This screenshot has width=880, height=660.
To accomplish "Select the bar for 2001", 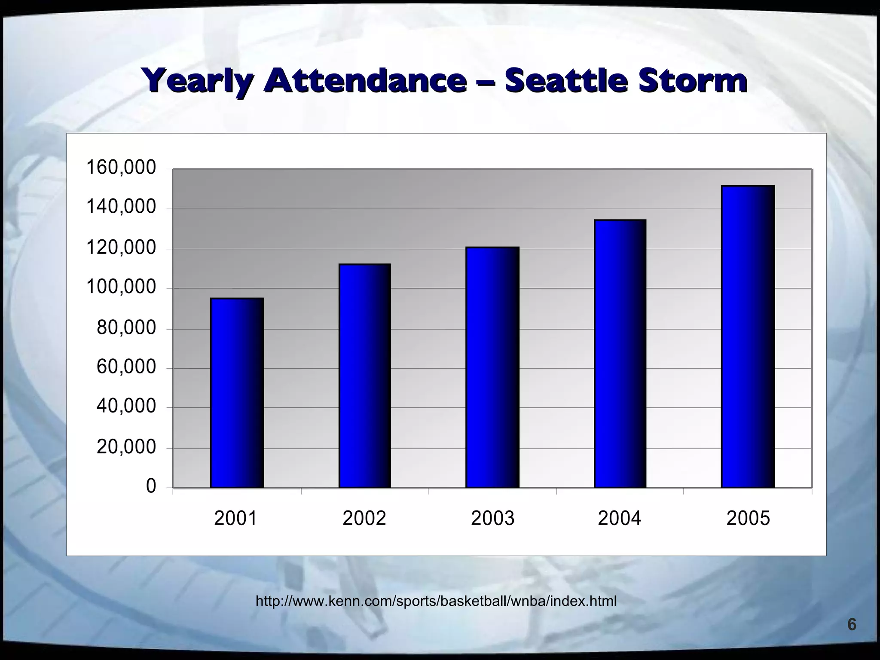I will point(237,393).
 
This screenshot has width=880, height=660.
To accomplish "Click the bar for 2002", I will point(364,376).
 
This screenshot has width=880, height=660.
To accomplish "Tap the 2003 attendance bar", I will point(492,367).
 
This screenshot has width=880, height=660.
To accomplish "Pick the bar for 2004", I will point(620,354).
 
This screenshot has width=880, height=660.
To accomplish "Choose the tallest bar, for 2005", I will point(748,336).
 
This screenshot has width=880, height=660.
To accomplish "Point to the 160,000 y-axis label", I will point(121,168).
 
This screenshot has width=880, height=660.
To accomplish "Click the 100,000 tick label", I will point(121,287).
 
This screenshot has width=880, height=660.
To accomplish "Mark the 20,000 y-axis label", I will point(126,447).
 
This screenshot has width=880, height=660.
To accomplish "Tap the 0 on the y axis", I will point(151,486).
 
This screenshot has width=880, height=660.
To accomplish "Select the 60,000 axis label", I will point(126,367).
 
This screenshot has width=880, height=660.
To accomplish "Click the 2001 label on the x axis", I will point(235,519).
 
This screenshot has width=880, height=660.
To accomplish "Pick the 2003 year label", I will point(492,519).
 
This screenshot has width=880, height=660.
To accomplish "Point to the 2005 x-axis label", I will point(748,519).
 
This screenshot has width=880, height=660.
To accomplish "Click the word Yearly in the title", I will point(197,81).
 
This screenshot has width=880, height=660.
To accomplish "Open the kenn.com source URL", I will point(436,601).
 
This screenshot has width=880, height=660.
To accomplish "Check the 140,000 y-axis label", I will point(121,207).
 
